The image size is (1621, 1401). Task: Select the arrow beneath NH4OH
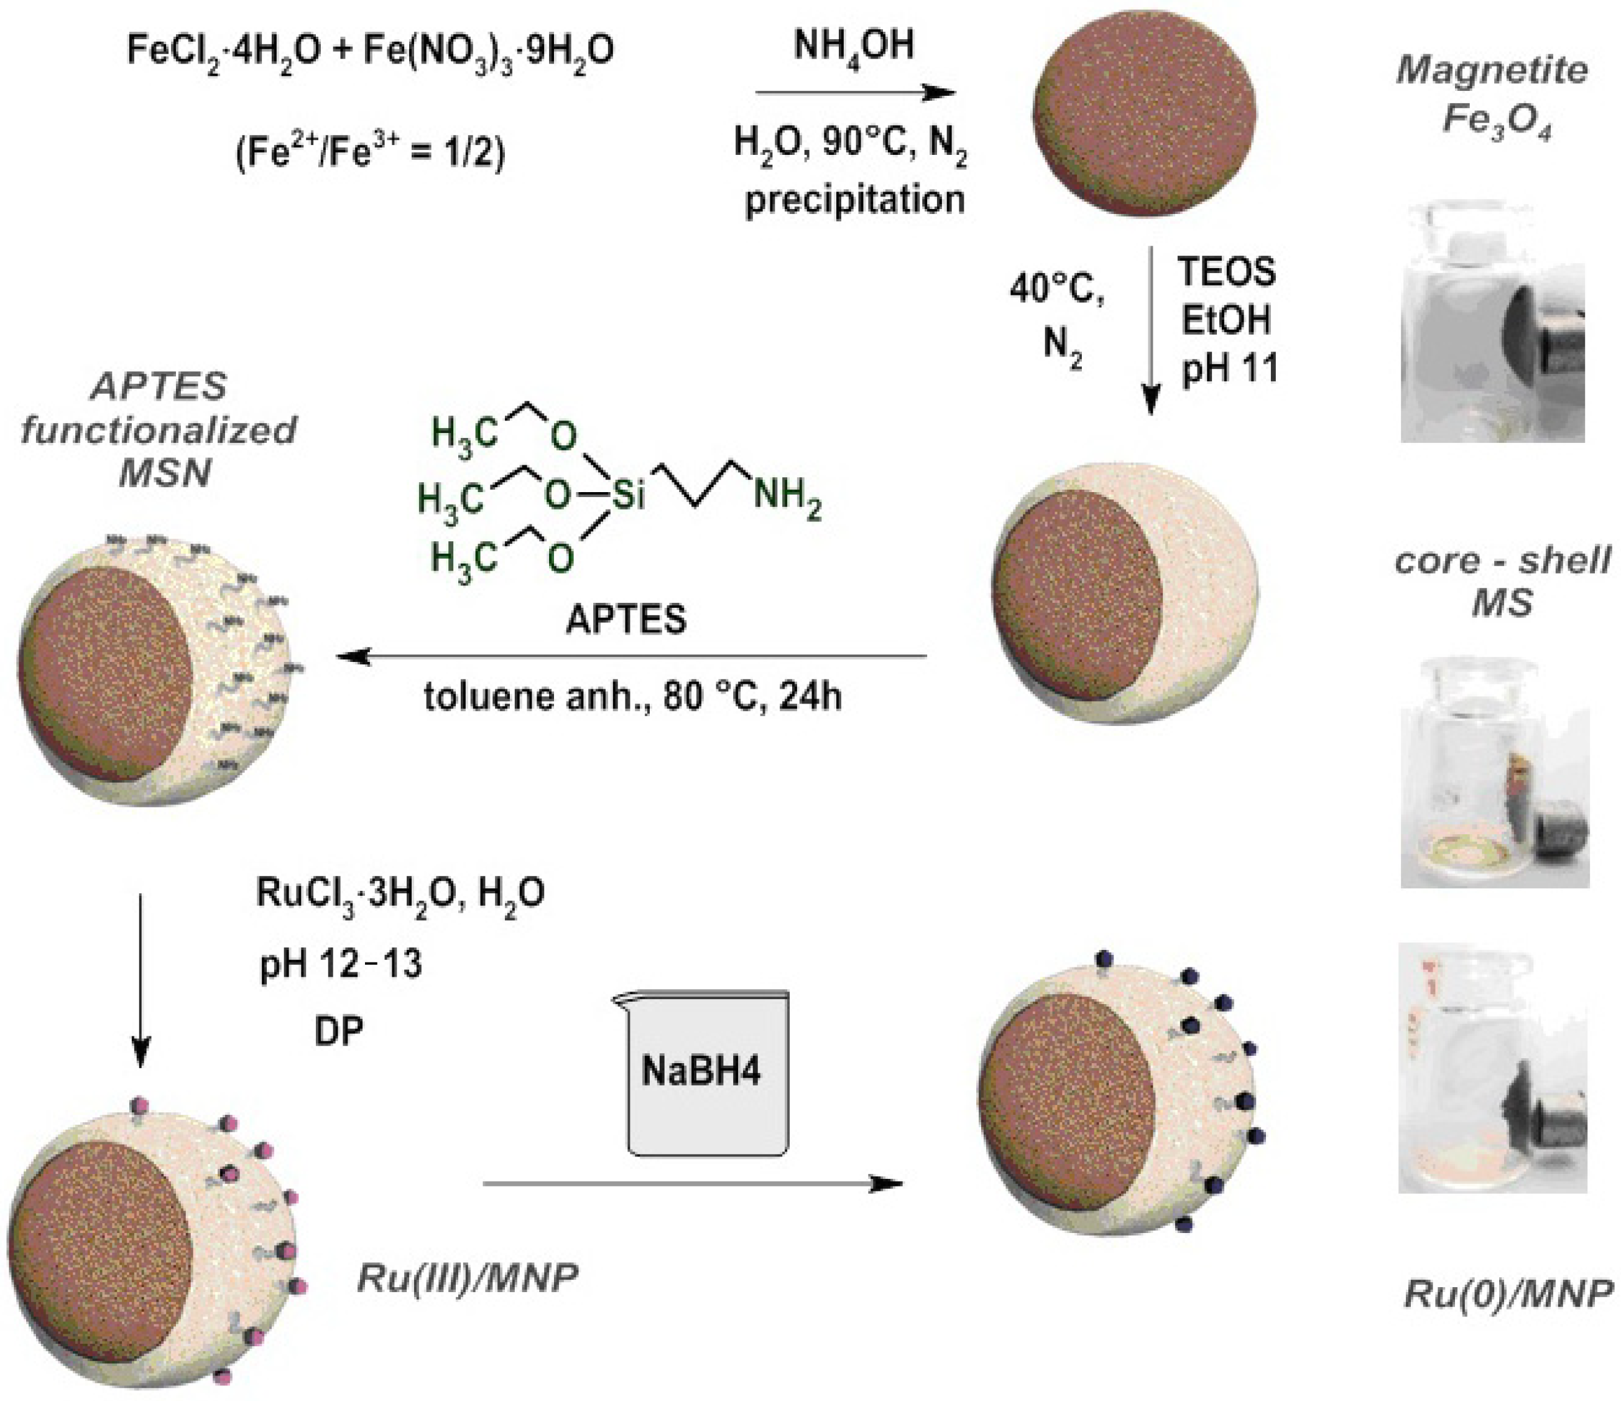pyautogui.click(x=855, y=94)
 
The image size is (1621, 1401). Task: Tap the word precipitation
pyautogui.click(x=854, y=200)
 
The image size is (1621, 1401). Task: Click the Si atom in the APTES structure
pyautogui.click(x=628, y=495)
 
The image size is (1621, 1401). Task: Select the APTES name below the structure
pyautogui.click(x=626, y=621)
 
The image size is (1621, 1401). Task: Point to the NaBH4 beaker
pyautogui.click(x=706, y=1073)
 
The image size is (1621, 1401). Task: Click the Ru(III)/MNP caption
pyautogui.click(x=466, y=1278)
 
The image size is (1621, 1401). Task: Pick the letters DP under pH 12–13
pyautogui.click(x=339, y=1031)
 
